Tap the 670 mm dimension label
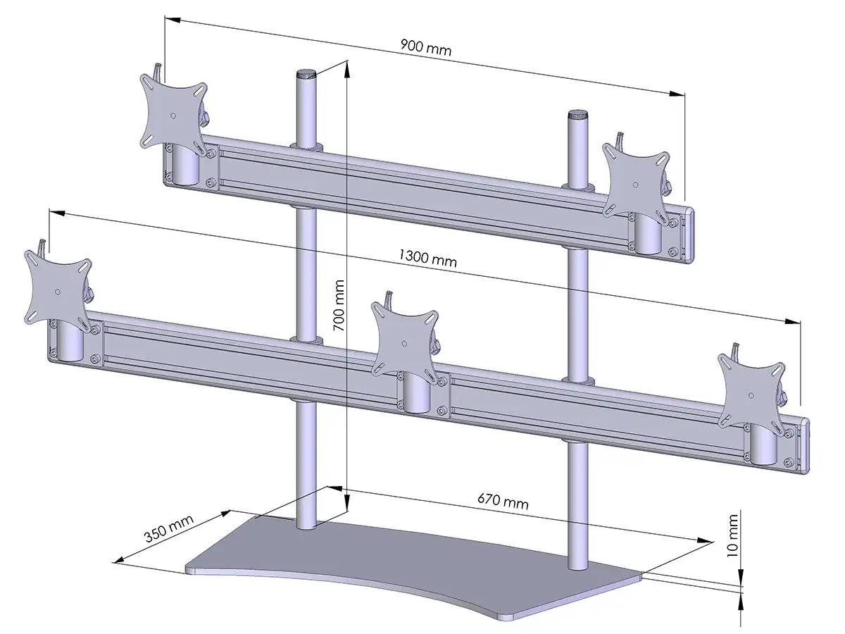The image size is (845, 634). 503,501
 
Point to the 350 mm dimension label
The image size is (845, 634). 169,529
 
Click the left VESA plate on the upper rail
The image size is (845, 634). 174,114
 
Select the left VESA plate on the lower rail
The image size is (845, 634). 57,290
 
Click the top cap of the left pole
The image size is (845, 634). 306,73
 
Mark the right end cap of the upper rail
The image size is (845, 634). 690,236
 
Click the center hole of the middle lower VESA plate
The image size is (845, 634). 406,344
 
